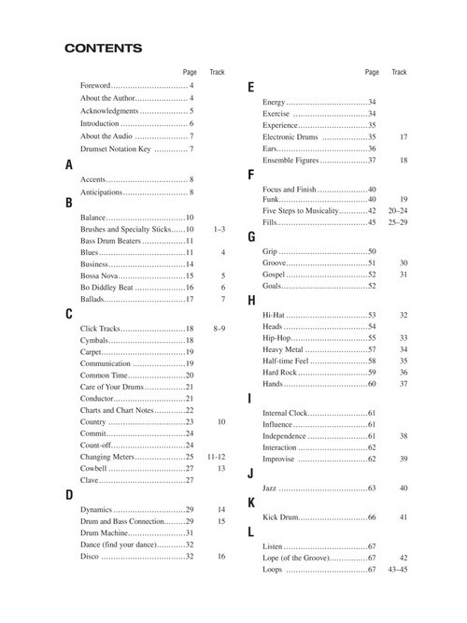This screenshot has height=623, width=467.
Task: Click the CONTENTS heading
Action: [103, 48]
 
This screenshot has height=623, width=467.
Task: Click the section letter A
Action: [68, 164]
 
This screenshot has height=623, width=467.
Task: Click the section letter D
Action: [69, 494]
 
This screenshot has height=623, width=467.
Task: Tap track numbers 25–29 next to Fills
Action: [398, 222]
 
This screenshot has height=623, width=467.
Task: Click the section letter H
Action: [251, 300]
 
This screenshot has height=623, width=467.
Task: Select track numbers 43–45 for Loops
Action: [398, 569]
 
